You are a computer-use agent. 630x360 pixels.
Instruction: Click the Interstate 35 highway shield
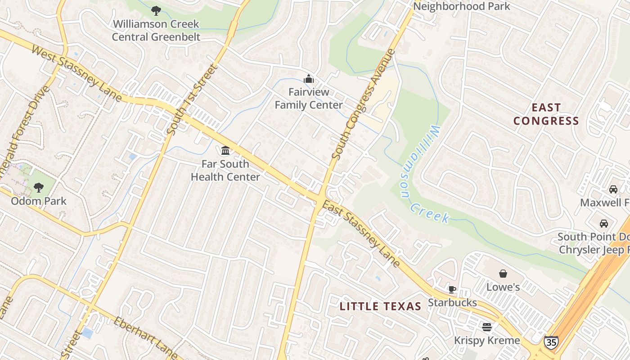tap(551, 342)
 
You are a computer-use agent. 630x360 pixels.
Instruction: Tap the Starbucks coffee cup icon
tap(452, 289)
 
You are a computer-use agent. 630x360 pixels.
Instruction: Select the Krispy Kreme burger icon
tap(486, 327)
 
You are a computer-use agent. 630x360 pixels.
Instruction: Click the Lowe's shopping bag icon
tap(503, 274)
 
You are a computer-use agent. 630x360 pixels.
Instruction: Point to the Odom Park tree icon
tap(39, 187)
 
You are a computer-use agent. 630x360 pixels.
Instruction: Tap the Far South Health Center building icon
tap(225, 150)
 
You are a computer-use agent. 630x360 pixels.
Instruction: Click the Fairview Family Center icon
tap(309, 79)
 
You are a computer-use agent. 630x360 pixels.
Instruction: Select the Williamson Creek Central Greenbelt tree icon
tap(156, 10)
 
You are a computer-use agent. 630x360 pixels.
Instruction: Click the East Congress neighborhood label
tap(546, 114)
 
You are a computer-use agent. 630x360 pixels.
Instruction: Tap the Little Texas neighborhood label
tap(380, 307)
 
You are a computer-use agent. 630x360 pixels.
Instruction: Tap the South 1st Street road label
tap(192, 100)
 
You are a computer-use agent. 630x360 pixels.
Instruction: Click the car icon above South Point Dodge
tap(603, 223)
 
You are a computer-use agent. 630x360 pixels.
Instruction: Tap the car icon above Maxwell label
tap(613, 189)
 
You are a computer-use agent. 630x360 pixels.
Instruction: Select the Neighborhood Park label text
tap(461, 6)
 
